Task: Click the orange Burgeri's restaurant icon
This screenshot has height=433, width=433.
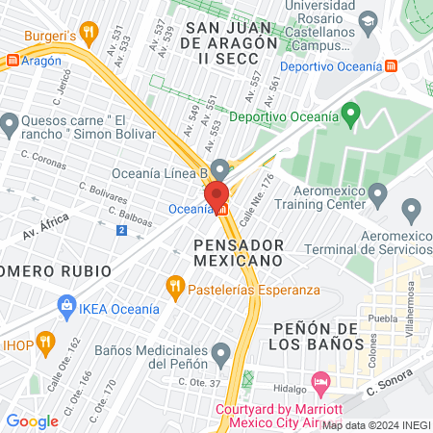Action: point(89,33)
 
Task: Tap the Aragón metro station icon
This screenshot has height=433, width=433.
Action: point(12,60)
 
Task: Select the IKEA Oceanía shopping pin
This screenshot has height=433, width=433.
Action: point(66,309)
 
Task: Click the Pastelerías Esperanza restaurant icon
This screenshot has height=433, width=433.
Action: point(174,285)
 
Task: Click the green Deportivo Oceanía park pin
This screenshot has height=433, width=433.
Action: point(351,117)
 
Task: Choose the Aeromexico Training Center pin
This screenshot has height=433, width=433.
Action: point(378,196)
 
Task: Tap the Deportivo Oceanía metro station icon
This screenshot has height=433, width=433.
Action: point(392,66)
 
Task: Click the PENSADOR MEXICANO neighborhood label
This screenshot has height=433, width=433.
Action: point(237,251)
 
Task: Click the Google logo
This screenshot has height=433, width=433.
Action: point(33,420)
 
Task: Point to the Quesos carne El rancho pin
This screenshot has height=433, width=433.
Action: point(10,123)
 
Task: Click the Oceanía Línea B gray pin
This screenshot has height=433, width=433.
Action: point(220,169)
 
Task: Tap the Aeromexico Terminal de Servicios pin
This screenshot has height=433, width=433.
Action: point(412,209)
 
